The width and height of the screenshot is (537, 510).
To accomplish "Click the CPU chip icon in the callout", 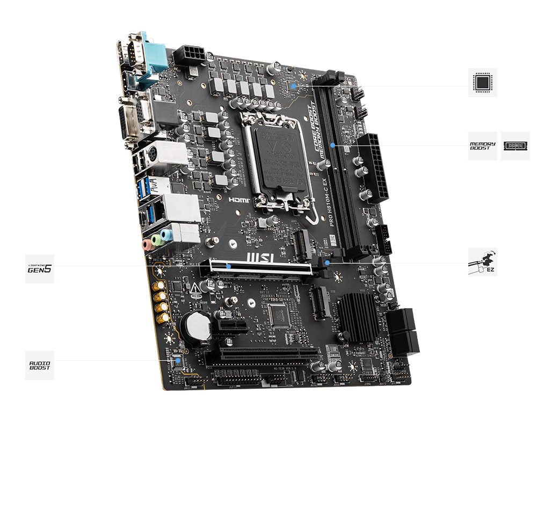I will tap(482, 83).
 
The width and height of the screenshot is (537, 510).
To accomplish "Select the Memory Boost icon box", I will tap(482, 145).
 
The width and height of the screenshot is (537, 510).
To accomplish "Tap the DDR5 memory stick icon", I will tap(515, 145).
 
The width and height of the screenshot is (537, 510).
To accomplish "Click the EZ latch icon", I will tap(482, 262).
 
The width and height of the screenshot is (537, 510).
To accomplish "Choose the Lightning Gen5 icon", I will tap(40, 269).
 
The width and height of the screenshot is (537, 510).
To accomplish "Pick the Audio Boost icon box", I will tap(40, 366).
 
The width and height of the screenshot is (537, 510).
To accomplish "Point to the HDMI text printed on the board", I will tap(240, 199).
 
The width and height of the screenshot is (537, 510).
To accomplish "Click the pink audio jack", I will tap(146, 245).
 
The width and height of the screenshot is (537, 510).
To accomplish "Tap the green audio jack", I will tap(156, 239).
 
